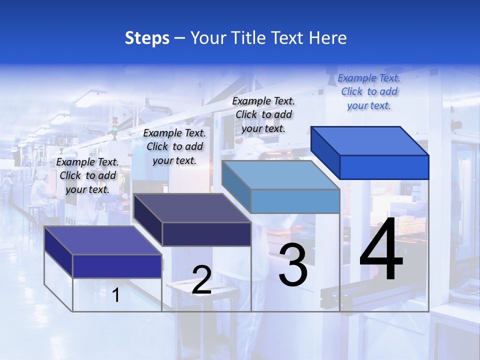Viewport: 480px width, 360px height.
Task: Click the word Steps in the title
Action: pyautogui.click(x=147, y=38)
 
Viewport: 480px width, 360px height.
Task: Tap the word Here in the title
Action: pyautogui.click(x=328, y=38)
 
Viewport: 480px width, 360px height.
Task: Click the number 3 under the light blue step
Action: pyautogui.click(x=293, y=265)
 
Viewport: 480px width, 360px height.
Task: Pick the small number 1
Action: pyautogui.click(x=116, y=295)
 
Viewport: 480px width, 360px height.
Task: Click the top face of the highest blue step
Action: pyautogui.click(x=370, y=140)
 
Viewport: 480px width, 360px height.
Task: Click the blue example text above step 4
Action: pyautogui.click(x=369, y=92)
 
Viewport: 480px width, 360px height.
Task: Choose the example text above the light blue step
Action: pyautogui.click(x=263, y=114)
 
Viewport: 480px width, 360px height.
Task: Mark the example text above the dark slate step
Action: pyautogui.click(x=174, y=146)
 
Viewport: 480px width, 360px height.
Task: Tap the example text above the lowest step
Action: pyautogui.click(x=87, y=175)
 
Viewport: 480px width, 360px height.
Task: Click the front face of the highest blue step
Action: pyautogui.click(x=384, y=167)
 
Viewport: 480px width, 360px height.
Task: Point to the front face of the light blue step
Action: pyautogui.click(x=295, y=201)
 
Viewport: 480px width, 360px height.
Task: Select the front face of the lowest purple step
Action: pyautogui.click(x=117, y=266)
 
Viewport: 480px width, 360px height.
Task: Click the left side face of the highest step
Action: pyautogui.click(x=325, y=152)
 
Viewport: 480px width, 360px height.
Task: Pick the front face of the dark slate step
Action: pyautogui.click(x=206, y=234)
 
